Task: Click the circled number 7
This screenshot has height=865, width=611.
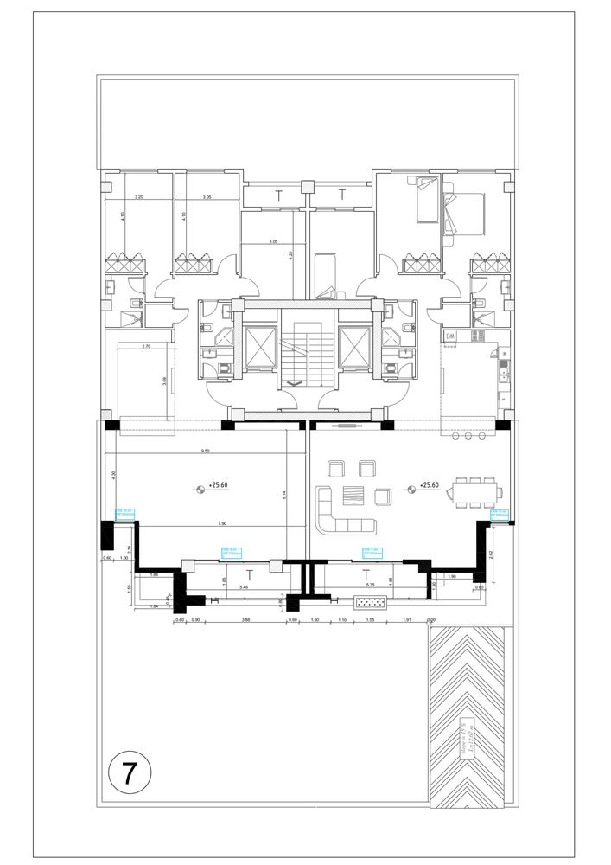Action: point(130,772)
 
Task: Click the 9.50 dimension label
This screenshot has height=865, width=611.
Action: point(204,451)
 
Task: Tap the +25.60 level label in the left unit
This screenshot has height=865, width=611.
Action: point(218,486)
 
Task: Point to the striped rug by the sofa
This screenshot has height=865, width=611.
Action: point(353,495)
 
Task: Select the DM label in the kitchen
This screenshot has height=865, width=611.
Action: point(450,336)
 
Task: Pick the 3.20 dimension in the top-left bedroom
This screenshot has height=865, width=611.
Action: point(138,198)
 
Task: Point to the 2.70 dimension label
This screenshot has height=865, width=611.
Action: point(145,346)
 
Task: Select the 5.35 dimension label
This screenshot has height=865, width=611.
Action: point(370,586)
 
